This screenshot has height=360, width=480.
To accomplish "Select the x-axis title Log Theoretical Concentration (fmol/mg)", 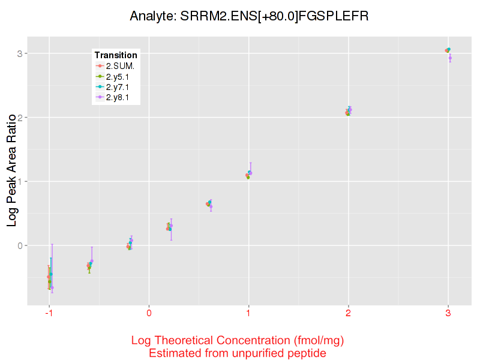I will pos(238,341).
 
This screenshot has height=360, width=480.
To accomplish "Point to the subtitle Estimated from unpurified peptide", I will pos(238,353).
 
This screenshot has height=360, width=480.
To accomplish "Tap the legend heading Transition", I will pos(116,55).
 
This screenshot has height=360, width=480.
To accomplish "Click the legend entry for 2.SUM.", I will pos(120,66).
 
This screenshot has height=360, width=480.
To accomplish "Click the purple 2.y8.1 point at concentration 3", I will pos(450,58).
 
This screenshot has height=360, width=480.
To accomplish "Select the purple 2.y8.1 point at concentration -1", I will pos(52,287).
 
